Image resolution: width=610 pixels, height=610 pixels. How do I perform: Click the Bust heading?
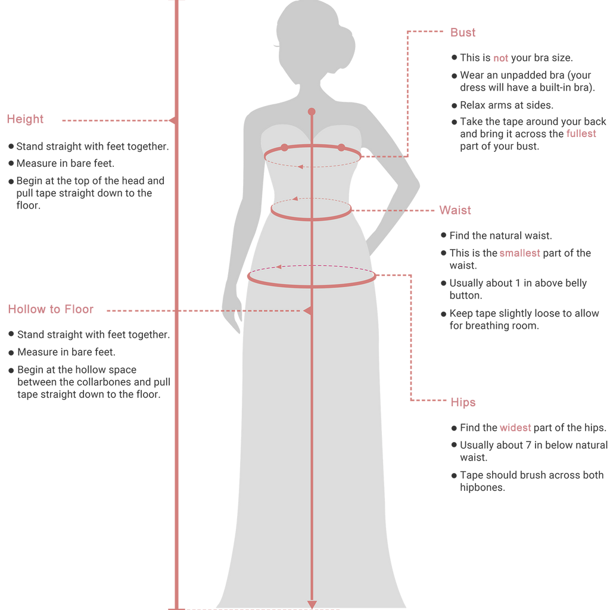(462, 32)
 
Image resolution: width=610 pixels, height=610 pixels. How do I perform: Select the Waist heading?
(455, 210)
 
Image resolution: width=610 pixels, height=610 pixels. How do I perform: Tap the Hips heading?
(463, 402)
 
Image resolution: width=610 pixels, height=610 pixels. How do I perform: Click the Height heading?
(25, 119)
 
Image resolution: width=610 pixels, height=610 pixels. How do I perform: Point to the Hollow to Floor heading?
(51, 309)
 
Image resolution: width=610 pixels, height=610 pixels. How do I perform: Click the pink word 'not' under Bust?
(500, 58)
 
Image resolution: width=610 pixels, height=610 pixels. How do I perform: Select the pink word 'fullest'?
(581, 134)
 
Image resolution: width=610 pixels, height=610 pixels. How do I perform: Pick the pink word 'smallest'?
(519, 253)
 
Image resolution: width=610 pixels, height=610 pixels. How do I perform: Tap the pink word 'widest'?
(515, 428)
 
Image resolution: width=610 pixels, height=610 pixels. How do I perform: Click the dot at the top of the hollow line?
(312, 111)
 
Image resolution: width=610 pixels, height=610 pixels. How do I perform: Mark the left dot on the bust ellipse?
(284, 148)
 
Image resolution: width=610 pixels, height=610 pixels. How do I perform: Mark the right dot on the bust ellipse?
(341, 148)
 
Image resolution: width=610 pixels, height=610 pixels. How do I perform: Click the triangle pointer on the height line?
(172, 120)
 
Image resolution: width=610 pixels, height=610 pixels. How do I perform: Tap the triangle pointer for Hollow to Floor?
(307, 311)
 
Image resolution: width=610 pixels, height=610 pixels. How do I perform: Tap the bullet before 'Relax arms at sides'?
(454, 105)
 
